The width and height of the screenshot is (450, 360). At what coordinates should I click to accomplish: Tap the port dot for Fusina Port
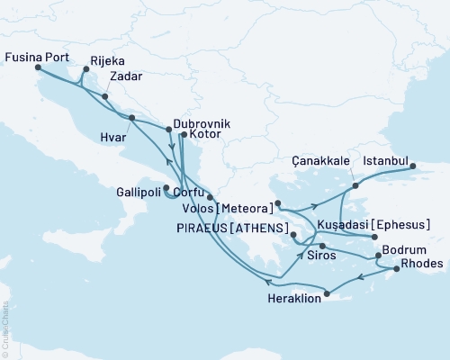pos(38,67)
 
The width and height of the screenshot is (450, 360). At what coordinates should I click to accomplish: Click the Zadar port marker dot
pos(105,96)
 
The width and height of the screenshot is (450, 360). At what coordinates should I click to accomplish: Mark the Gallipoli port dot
pos(166,188)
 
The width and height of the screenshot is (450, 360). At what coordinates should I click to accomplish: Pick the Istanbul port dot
pos(413,166)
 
